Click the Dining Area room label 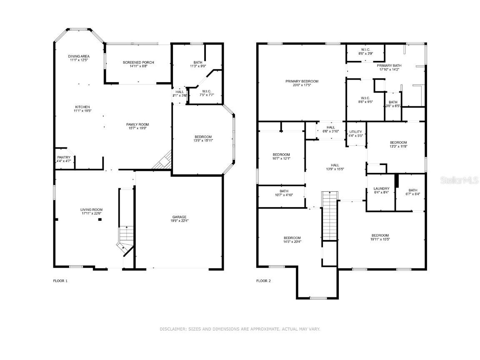(79, 56)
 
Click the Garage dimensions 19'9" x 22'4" (180, 221)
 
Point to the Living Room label (91, 210)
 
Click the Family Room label (137, 125)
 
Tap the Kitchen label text (82, 107)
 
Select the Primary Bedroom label (302, 81)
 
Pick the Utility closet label (355, 132)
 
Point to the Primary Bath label (389, 66)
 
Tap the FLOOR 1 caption (60, 281)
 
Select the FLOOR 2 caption (263, 281)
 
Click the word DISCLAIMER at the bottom (173, 329)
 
